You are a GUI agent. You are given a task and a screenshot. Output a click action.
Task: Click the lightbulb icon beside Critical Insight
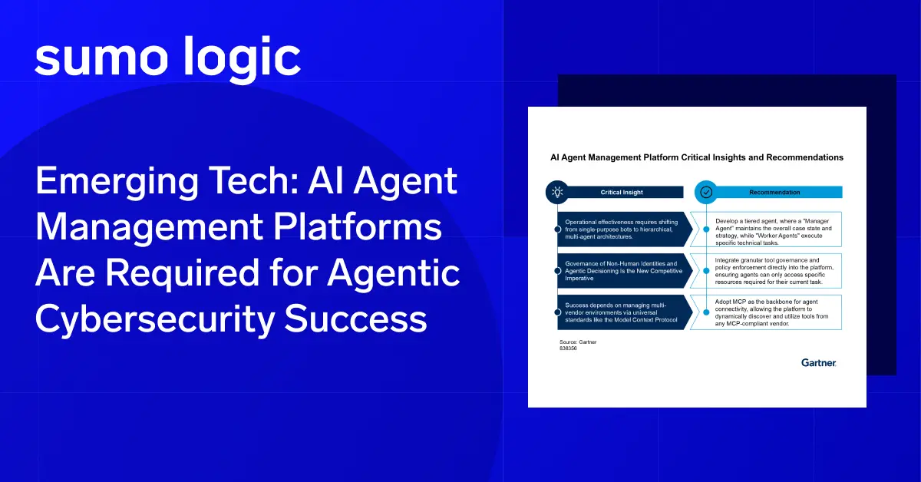coord(557,192)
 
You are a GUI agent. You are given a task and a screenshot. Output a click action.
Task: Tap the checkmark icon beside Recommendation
coord(706,192)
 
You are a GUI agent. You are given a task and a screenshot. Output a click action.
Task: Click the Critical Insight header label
coord(621,193)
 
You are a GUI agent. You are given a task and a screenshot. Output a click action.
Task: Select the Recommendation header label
coord(774,193)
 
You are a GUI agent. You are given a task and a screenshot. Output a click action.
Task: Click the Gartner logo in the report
coord(818,362)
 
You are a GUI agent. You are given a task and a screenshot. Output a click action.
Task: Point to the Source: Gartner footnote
coord(576,341)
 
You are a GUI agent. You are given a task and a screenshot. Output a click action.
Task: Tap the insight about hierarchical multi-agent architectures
coord(618,229)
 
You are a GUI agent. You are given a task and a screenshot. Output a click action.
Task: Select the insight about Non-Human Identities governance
coord(618,270)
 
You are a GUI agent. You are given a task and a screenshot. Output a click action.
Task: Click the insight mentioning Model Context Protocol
coord(618,312)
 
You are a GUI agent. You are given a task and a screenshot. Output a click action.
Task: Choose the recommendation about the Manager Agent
coord(771,229)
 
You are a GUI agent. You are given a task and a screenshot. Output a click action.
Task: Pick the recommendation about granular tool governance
coord(771,270)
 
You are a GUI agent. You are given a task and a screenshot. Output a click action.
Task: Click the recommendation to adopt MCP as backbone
coord(771,312)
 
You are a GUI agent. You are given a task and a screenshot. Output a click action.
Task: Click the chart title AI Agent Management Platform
coord(697,157)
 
